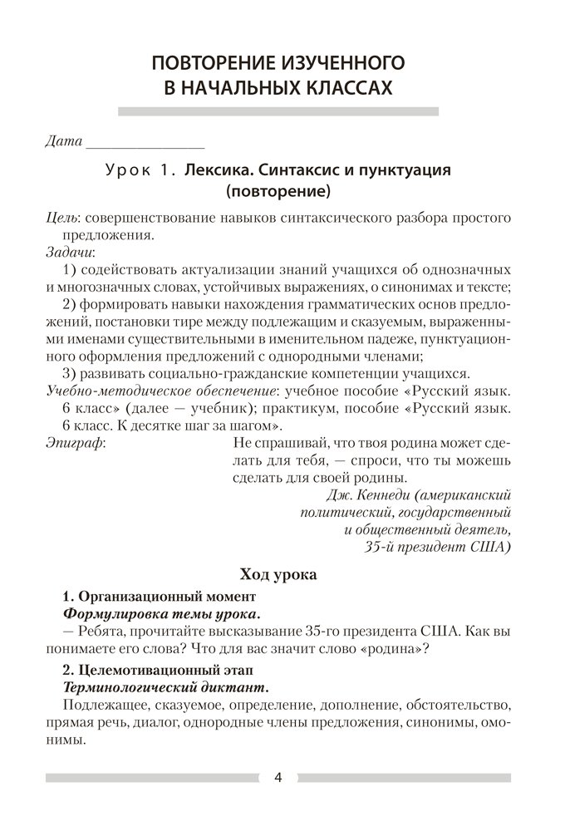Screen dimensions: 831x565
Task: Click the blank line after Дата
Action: coord(145,142)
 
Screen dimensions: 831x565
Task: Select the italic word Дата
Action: coord(64,141)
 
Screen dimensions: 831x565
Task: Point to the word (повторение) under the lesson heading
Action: coord(278,193)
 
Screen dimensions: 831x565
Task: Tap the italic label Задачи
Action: coord(70,251)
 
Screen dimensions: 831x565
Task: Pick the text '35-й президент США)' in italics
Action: coord(437,547)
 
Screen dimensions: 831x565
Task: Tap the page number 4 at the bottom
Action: coord(278,778)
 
